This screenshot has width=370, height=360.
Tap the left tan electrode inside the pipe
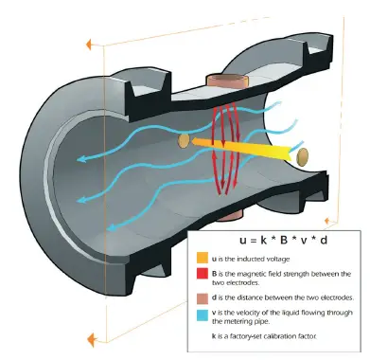coord(184,140)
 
